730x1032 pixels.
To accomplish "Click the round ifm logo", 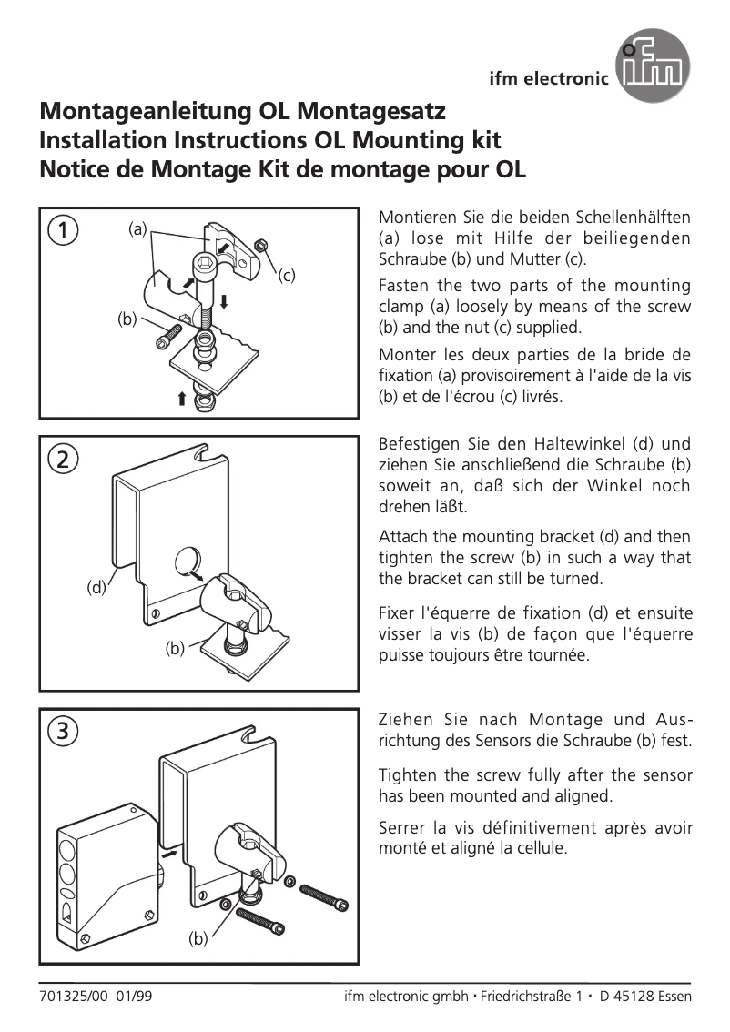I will pos(653,66).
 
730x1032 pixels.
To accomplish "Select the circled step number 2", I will pos(62,460).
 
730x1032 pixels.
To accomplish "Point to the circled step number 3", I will pos(62,731).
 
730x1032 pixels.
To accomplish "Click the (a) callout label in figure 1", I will pos(137,230).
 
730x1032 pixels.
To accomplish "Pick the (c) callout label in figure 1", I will pos(288,274).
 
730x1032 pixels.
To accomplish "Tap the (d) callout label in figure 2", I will pos(96,588).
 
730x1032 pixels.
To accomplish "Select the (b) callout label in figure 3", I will pos(198,939).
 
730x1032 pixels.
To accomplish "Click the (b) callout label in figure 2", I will pos(175,649).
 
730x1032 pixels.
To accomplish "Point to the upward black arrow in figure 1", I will pos(182,398).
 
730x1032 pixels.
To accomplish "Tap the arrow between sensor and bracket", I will pos(168,855).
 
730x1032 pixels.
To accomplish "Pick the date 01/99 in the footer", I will pos(134,996).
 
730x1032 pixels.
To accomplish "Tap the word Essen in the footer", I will pos(672,996).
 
